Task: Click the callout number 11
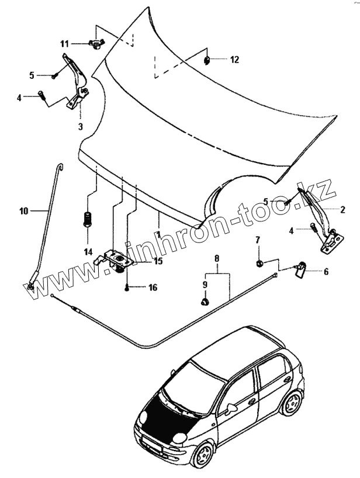(64, 44)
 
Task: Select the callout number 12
(234, 60)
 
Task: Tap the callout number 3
(80, 126)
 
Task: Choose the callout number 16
(153, 288)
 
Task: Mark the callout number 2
(342, 209)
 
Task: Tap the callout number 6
(326, 271)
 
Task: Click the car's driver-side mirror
(231, 406)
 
